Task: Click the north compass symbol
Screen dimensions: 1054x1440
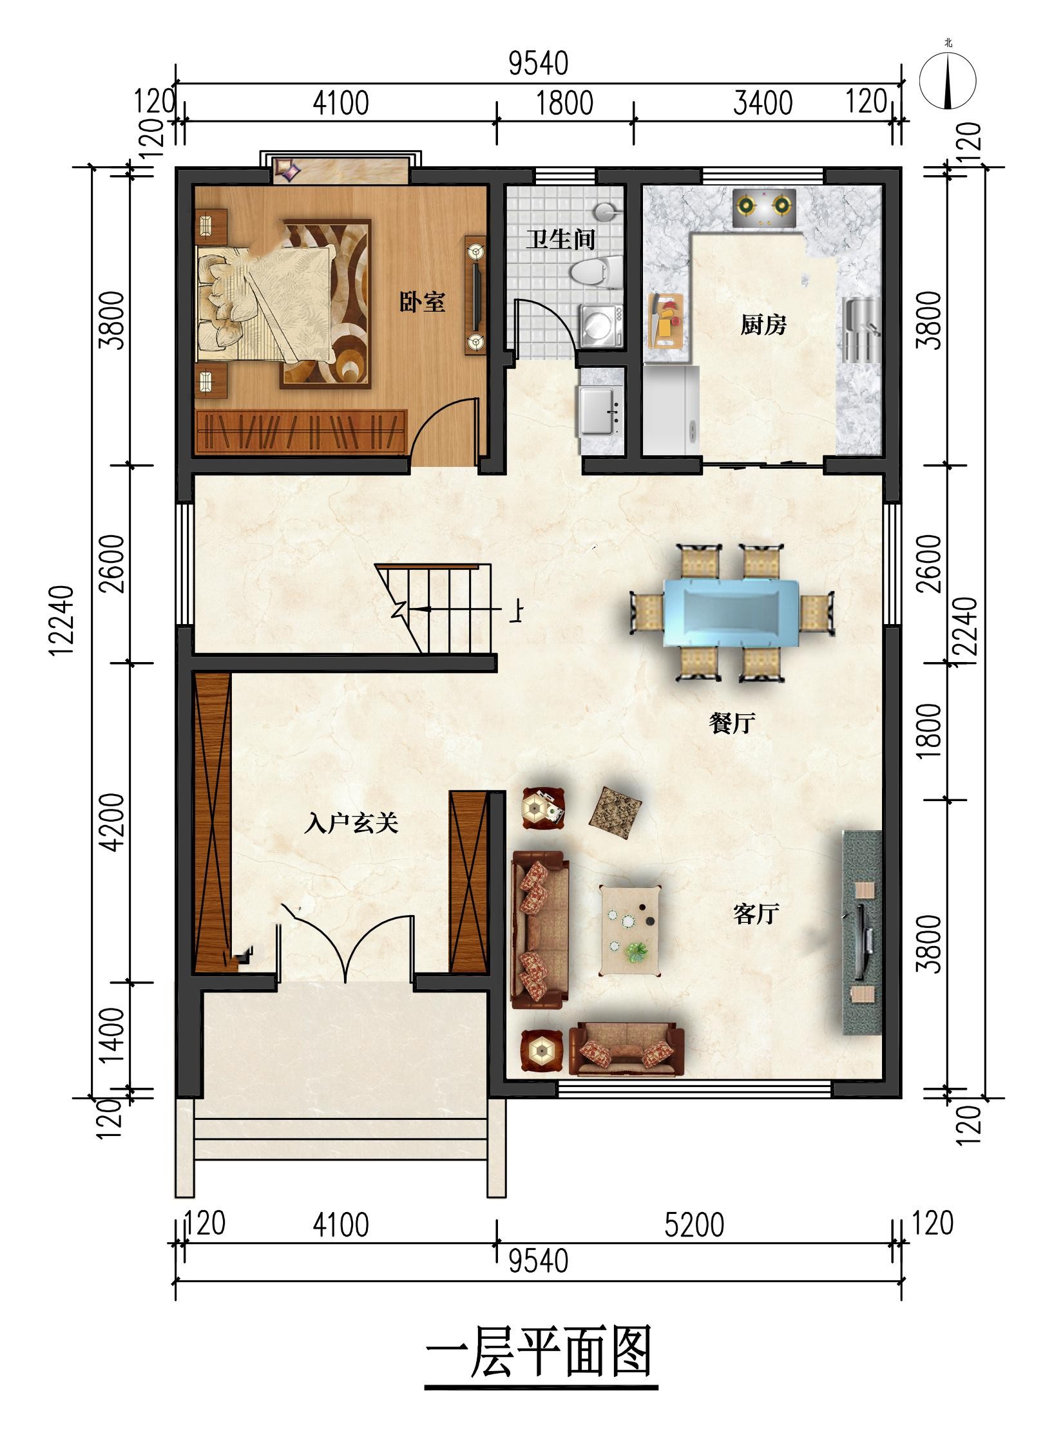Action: coord(948,81)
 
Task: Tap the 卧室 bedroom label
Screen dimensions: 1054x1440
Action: coord(422,302)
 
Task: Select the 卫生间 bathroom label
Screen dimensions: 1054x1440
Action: coord(560,240)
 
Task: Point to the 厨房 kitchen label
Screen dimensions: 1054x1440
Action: coord(763,325)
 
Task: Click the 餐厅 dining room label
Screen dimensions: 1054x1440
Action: coord(732,724)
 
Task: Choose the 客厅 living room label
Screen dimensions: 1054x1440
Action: coord(756,914)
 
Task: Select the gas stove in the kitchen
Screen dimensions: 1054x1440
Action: coord(764,207)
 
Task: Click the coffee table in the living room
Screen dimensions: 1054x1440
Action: coord(631,931)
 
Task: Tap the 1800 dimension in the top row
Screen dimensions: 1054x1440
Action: coord(565,103)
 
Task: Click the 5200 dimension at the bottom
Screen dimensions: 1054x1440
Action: coord(695,1224)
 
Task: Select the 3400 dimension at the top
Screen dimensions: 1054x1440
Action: coord(763,103)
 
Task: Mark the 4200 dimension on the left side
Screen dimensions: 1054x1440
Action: coord(113,822)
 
